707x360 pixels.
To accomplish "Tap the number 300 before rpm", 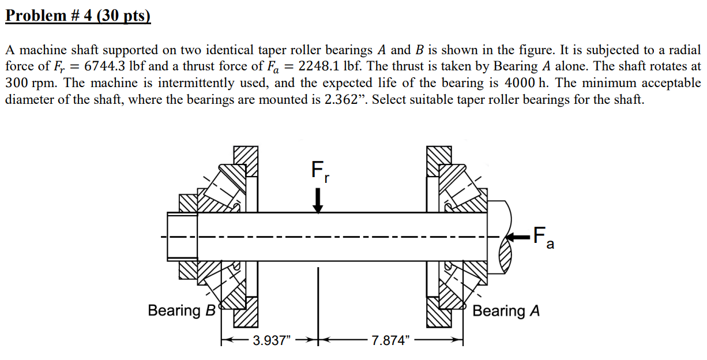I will tap(16, 83).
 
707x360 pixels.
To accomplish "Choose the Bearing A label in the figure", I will tap(506, 311).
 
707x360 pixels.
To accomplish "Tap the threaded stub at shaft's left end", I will tap(182, 236).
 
